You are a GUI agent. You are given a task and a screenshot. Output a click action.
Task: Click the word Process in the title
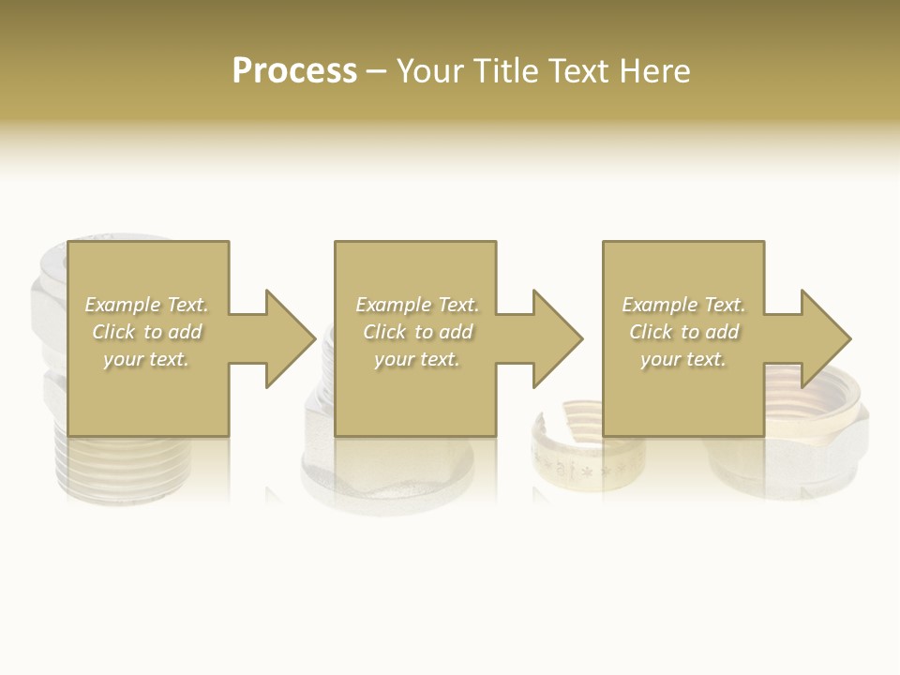tap(294, 71)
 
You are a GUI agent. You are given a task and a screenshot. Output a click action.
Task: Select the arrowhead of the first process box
tap(290, 338)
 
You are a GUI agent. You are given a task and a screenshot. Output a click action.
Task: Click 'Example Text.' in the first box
tap(146, 305)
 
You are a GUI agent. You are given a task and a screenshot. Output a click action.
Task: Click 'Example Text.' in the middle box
tap(417, 305)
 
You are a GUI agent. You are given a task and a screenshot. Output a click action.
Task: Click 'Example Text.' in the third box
tap(683, 305)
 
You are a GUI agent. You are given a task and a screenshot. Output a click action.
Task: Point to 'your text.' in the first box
tap(146, 359)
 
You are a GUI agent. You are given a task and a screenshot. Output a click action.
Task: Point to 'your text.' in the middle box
tap(417, 359)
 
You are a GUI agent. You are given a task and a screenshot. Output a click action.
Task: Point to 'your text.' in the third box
tap(683, 359)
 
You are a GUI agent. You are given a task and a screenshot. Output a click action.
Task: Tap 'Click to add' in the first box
tap(146, 332)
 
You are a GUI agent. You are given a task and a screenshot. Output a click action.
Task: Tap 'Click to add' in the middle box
tap(417, 332)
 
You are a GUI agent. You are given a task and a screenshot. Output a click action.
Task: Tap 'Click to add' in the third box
tap(683, 332)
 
